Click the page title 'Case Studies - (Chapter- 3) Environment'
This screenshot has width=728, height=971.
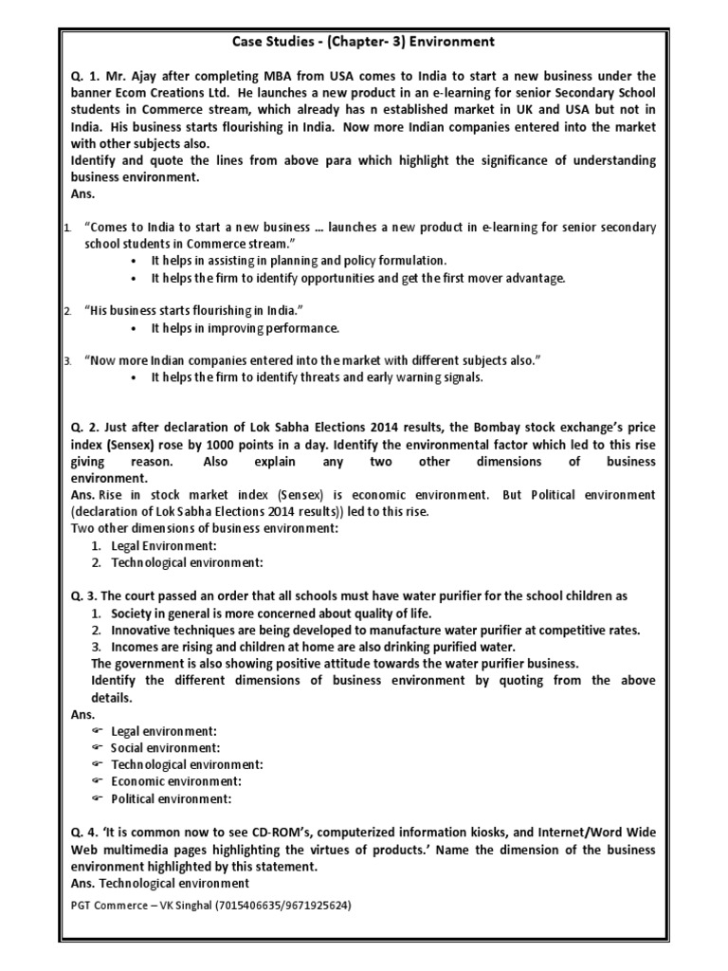[364, 42]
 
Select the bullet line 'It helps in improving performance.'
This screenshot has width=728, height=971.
[245, 328]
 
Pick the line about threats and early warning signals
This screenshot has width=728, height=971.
[318, 377]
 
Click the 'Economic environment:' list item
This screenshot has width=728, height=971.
[176, 781]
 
